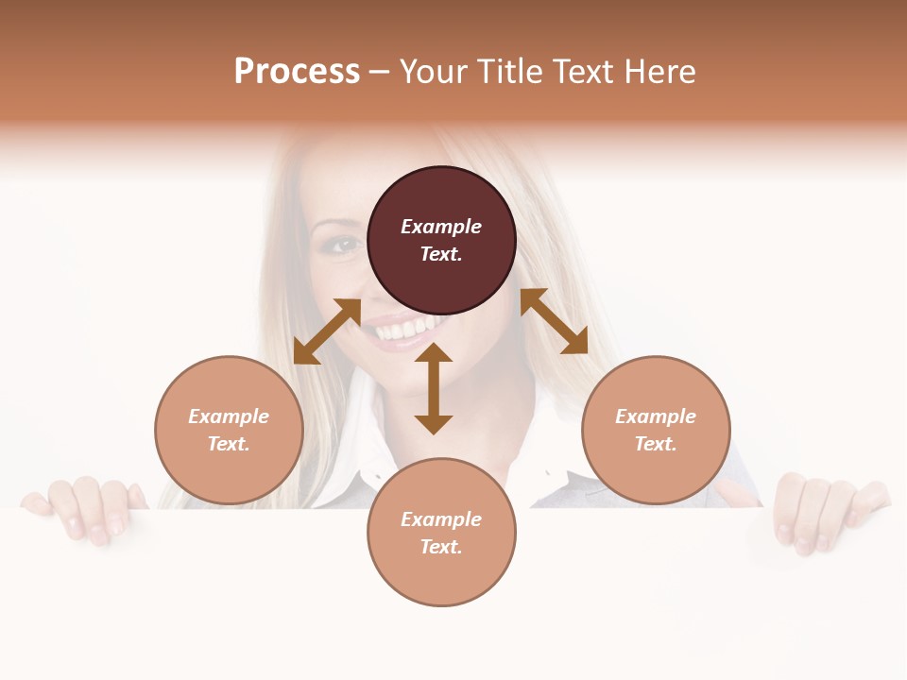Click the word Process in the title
(x=297, y=72)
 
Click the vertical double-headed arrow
(x=434, y=388)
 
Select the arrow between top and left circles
(x=327, y=331)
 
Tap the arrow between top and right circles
(x=554, y=321)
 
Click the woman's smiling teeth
(x=402, y=331)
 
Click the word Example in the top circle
(x=441, y=227)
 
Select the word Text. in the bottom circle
(x=441, y=547)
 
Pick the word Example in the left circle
(x=229, y=416)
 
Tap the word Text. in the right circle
(x=656, y=444)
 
